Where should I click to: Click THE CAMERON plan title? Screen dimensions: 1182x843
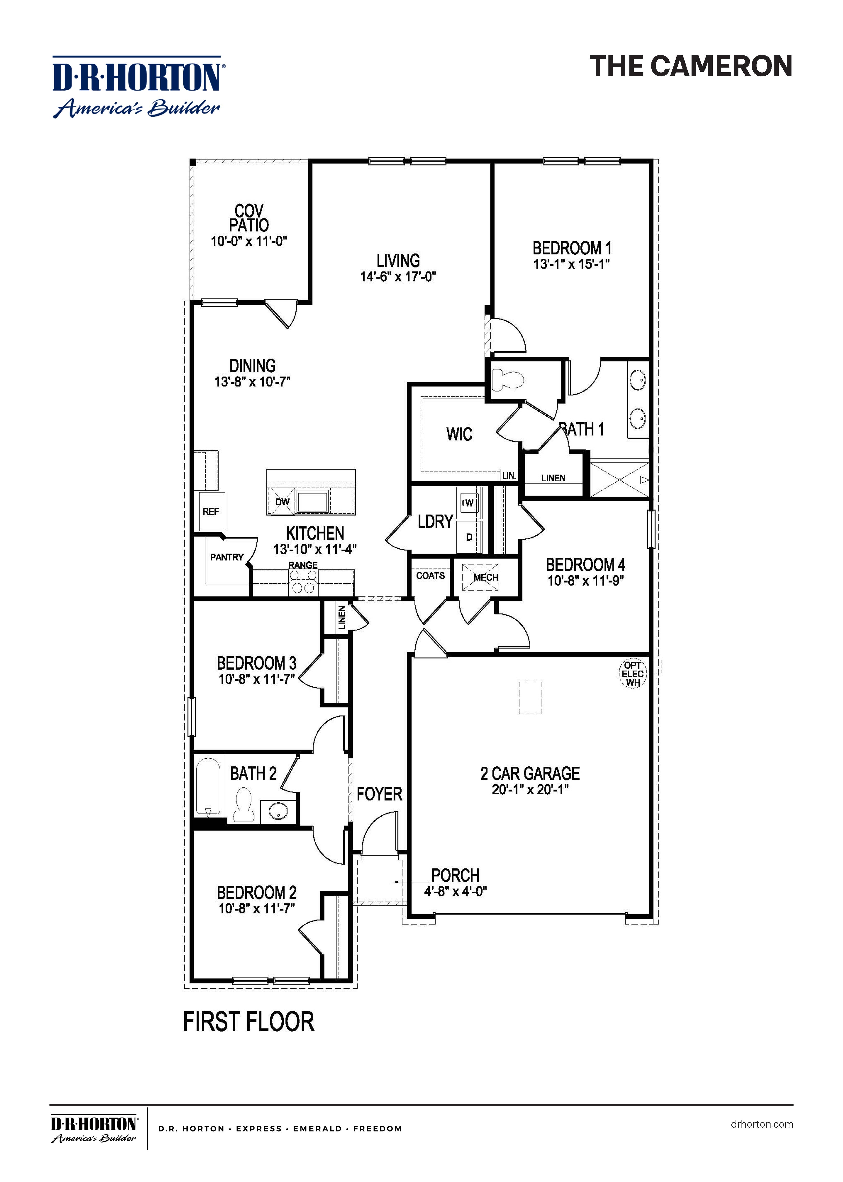[x=691, y=67]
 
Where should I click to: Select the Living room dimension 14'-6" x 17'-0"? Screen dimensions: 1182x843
[x=398, y=277]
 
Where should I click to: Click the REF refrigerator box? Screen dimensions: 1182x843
[x=211, y=511]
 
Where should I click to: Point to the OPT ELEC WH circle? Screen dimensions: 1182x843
[x=633, y=674]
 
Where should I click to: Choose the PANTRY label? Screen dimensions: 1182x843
[x=227, y=557]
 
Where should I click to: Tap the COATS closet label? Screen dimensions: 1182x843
[x=430, y=576]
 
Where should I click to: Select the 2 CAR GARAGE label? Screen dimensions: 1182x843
[x=530, y=773]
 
